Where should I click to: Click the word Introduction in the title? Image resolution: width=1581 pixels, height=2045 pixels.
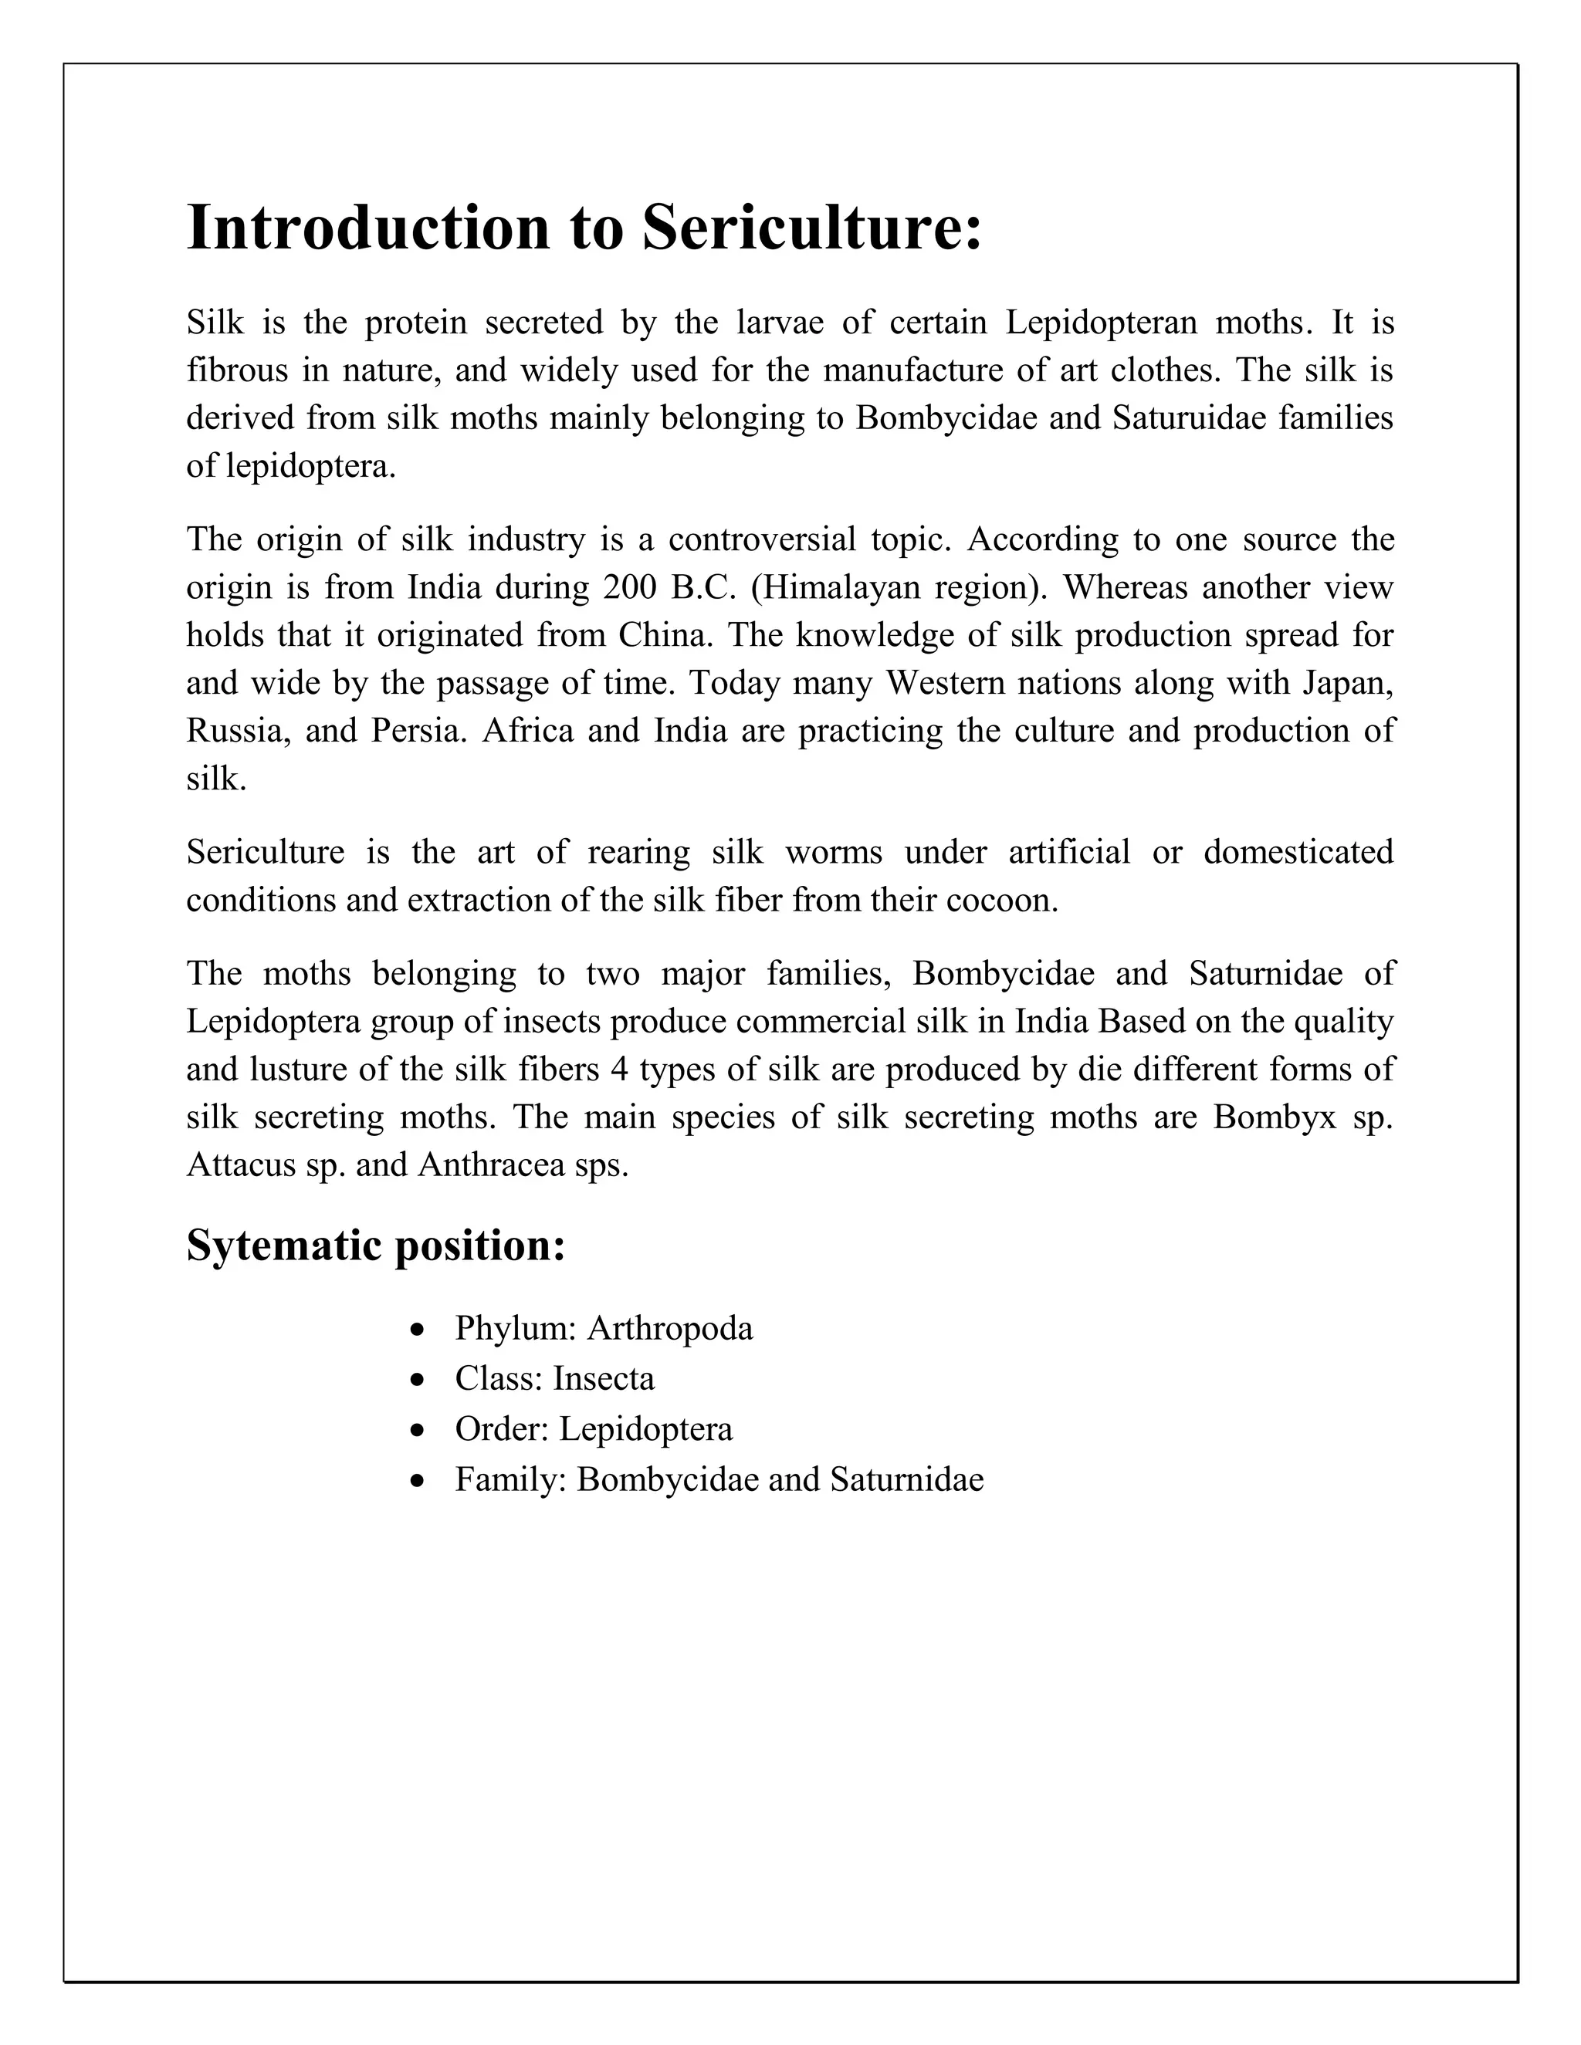(368, 228)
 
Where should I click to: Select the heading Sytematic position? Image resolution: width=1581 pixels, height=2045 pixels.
(376, 1246)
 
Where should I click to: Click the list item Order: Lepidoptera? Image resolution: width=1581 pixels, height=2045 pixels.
(594, 1429)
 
